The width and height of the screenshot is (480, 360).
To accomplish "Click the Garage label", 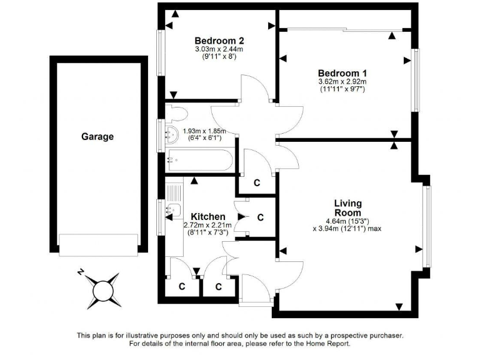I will tap(97, 136).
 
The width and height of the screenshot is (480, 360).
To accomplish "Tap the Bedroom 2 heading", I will tap(214, 38).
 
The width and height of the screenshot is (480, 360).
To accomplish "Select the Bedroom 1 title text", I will tap(341, 72).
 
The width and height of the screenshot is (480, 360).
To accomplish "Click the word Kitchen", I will tap(207, 216).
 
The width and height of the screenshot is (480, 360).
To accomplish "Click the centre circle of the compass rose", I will tap(101, 290).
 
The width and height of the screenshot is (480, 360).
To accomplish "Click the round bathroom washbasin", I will tap(172, 133).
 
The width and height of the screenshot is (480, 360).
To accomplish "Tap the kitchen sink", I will tap(173, 212).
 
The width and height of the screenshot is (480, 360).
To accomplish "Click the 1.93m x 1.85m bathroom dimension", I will tap(204, 131).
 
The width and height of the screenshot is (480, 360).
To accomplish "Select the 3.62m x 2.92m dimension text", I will tap(341, 81).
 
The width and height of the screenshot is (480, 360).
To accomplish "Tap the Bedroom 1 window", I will tap(415, 81).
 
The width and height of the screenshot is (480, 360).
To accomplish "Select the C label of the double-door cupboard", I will tap(260, 217).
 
